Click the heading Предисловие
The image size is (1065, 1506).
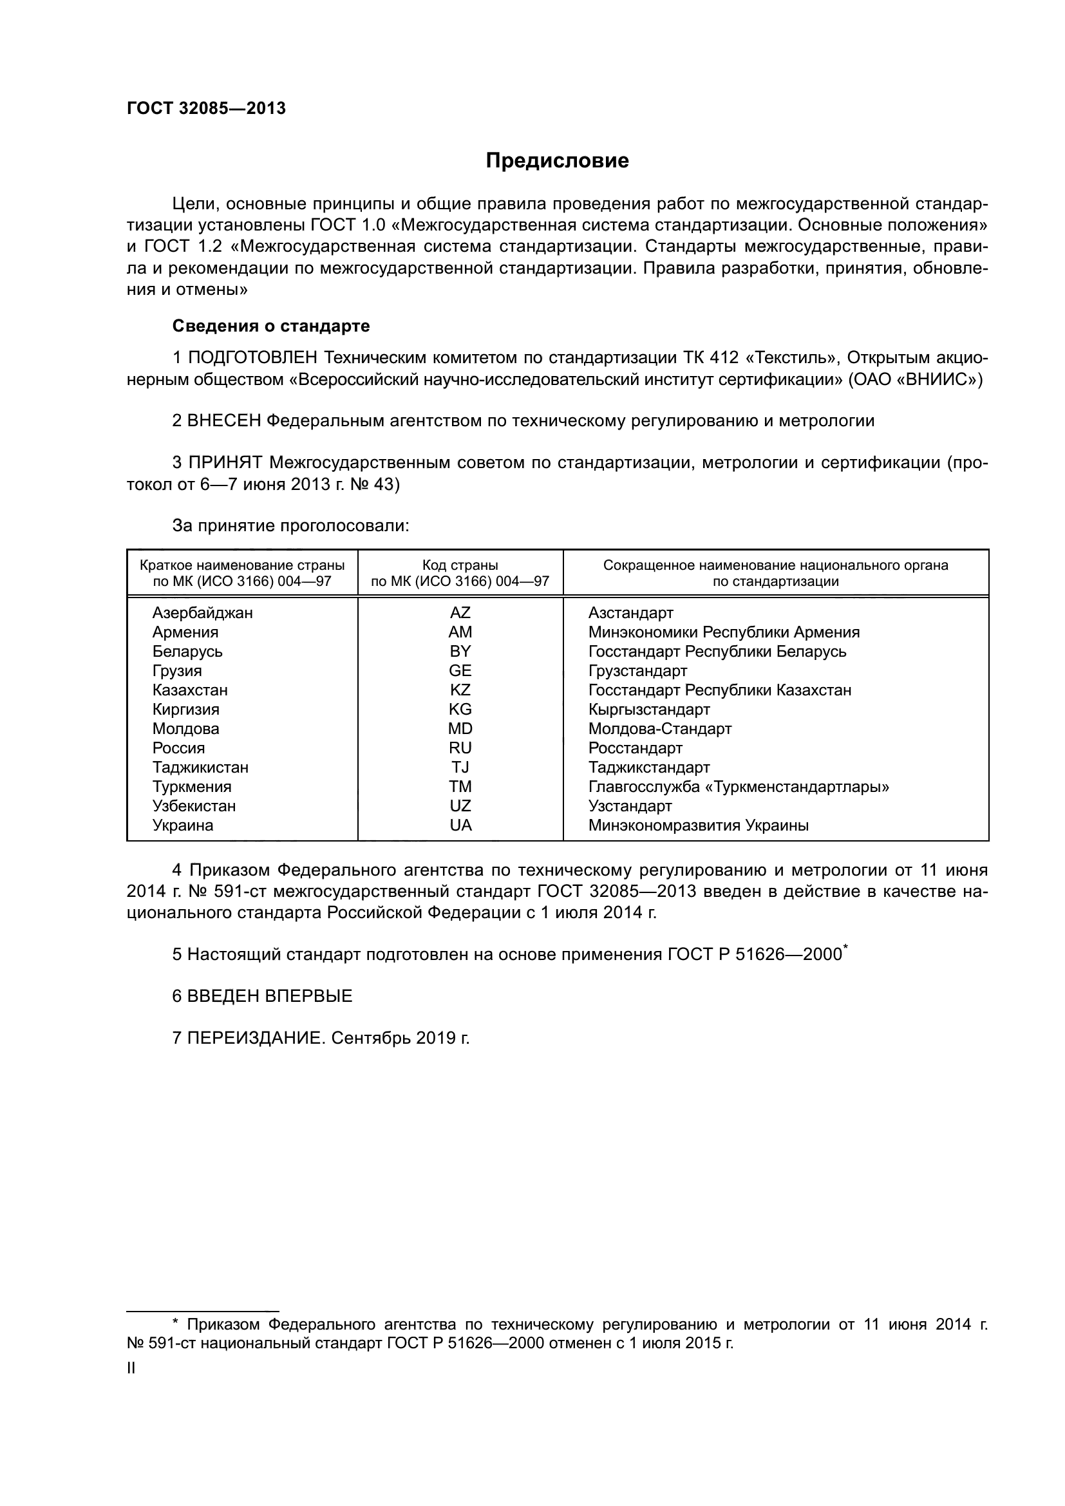(x=557, y=161)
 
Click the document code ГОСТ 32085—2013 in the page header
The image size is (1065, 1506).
(x=206, y=109)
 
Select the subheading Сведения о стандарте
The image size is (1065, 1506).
(x=271, y=326)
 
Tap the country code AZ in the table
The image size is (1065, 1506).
(x=460, y=612)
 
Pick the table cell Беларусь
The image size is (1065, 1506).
(x=187, y=652)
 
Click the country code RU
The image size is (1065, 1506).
(x=460, y=748)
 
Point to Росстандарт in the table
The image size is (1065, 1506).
(x=635, y=748)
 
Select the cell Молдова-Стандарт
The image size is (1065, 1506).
(x=660, y=729)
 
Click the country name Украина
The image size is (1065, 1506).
(x=183, y=825)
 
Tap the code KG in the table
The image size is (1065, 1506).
(x=460, y=709)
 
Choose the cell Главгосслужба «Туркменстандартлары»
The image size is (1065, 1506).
(x=739, y=786)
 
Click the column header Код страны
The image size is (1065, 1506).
(x=460, y=565)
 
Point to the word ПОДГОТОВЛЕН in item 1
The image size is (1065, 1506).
(x=252, y=358)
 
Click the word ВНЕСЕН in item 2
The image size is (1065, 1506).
(x=224, y=421)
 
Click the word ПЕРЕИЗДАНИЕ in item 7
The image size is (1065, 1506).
(x=256, y=1039)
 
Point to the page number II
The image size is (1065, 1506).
(x=131, y=1368)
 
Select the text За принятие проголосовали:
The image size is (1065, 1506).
(x=290, y=526)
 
